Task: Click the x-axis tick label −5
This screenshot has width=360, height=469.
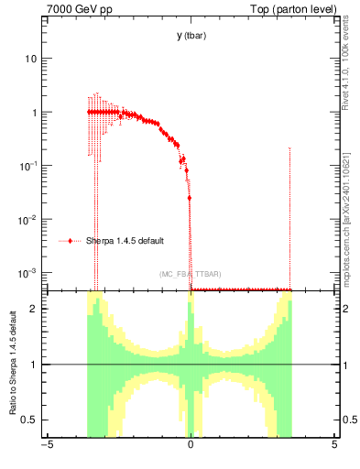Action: point(46,448)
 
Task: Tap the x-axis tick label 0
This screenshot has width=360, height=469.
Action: point(190,448)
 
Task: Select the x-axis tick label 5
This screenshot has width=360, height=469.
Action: point(333,448)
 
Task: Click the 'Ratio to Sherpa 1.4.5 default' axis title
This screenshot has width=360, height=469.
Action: point(12,365)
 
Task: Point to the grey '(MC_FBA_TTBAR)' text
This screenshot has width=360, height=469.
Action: point(191,274)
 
